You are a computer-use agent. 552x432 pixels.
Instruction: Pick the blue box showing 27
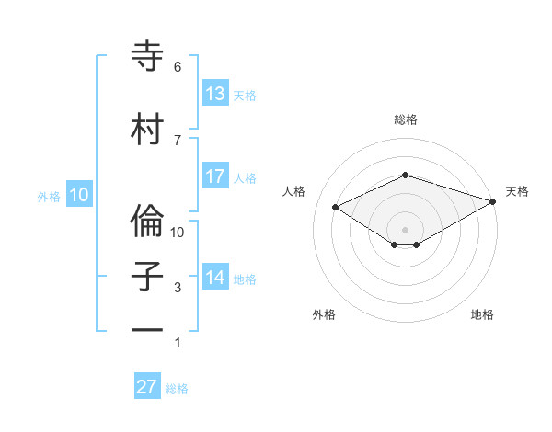point(147,387)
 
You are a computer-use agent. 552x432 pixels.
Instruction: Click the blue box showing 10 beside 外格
point(78,195)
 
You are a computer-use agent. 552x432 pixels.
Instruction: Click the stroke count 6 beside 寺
point(178,67)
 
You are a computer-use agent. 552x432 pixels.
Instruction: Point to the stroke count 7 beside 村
point(178,140)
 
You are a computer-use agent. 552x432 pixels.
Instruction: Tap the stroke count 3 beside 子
point(178,289)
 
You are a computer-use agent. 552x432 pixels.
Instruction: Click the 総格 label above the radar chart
point(405,119)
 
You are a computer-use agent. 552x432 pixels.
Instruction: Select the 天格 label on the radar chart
point(517,191)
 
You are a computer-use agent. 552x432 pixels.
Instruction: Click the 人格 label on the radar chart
point(293,191)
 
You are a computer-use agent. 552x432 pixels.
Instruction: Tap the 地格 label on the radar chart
point(482,314)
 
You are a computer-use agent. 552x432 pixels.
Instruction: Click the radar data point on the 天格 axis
point(494,201)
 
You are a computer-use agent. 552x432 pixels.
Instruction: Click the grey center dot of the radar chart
point(405,228)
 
